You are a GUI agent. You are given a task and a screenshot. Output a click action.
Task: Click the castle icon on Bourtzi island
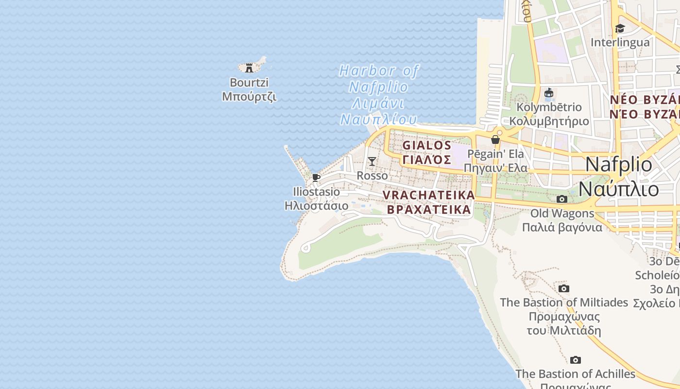coord(250,68)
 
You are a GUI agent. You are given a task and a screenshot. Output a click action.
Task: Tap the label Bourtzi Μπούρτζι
coord(249,89)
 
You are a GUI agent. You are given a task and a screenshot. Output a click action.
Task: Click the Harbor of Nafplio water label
coord(378,95)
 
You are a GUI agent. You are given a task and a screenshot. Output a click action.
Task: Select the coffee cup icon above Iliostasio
coord(316,177)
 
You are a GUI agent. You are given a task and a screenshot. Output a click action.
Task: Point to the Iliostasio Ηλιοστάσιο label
coord(317,198)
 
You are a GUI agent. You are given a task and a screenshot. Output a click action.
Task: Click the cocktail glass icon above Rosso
coord(372,161)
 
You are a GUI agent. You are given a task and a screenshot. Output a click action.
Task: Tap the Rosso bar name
coord(373,176)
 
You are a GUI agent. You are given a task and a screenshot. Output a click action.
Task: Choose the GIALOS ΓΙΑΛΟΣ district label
coord(427,152)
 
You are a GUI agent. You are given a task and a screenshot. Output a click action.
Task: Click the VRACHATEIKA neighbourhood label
coord(428,202)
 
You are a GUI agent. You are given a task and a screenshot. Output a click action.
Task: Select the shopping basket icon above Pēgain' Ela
coord(495,140)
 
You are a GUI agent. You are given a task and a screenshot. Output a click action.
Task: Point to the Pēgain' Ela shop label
coord(495,161)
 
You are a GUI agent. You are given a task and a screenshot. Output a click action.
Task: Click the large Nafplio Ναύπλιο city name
coord(619,177)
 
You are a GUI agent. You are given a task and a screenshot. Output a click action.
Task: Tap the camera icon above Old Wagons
coord(562,199)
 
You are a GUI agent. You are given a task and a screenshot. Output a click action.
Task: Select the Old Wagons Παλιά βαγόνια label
coord(562,220)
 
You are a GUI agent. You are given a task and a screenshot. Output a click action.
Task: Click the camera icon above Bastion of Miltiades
coord(564,288)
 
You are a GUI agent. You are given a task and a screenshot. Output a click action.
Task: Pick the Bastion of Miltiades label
coord(564,316)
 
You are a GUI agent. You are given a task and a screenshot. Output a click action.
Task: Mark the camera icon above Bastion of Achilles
coord(576,360)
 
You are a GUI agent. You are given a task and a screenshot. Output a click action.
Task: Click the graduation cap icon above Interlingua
coord(620,28)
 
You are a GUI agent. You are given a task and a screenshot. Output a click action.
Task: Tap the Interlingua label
coord(620,42)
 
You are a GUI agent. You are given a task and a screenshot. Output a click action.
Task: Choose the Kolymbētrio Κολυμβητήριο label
coord(549,114)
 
